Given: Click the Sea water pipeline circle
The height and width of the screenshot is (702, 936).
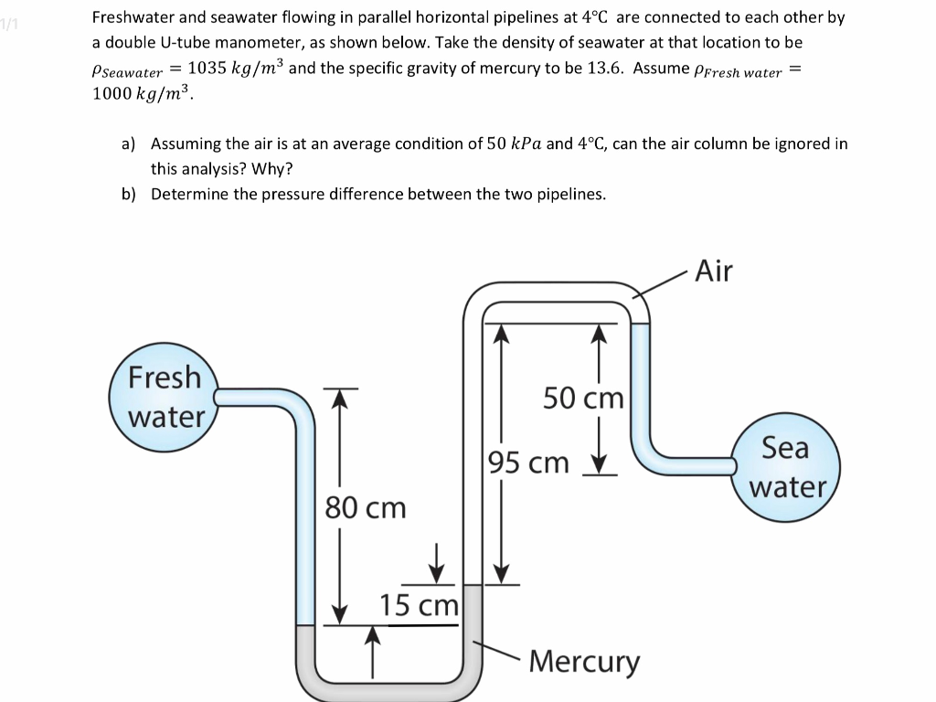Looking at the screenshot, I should click(785, 467).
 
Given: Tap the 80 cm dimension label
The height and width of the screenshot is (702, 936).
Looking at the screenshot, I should click(366, 507).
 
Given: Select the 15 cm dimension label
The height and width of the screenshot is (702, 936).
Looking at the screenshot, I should click(420, 605).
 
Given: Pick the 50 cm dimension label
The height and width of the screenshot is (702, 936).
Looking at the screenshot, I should click(582, 399).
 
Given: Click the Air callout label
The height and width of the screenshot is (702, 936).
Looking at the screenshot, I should click(714, 271).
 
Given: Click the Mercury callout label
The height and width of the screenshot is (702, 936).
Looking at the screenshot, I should click(585, 660).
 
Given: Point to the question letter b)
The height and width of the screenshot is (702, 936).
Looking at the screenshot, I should click(130, 194).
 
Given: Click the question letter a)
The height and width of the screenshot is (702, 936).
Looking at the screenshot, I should click(129, 144).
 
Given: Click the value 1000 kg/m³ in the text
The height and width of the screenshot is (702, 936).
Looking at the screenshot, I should click(143, 93).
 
